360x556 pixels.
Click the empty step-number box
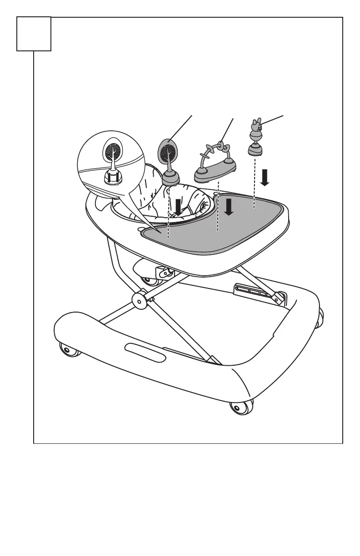(x=34, y=34)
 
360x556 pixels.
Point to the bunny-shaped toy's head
(x=255, y=123)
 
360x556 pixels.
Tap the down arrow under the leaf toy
(x=179, y=207)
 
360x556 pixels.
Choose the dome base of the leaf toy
(x=170, y=178)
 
